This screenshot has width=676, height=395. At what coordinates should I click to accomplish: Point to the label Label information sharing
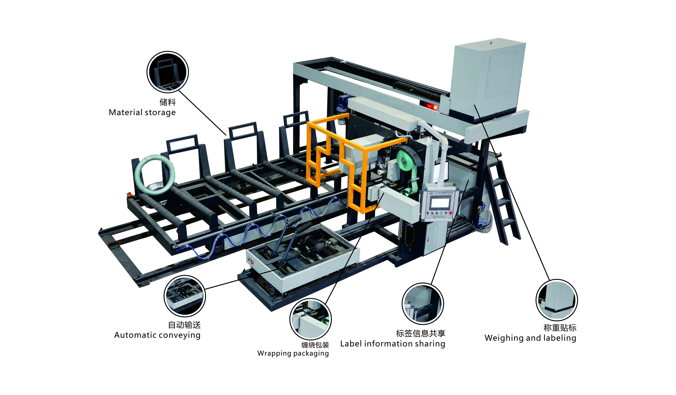[x=393, y=344]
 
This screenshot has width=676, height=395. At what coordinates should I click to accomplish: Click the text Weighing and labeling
[x=530, y=338]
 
